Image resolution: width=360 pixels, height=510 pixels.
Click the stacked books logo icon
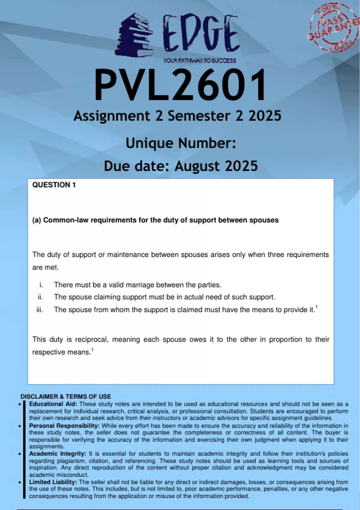[134, 35]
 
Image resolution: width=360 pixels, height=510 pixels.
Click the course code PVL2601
[180, 85]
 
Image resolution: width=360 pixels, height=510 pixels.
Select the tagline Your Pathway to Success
[199, 61]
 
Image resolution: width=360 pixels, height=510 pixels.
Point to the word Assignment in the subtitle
[112, 116]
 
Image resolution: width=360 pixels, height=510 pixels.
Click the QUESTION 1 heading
[54, 185]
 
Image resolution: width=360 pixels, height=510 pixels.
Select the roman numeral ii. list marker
[40, 297]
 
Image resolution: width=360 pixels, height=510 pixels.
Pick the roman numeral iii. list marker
[40, 310]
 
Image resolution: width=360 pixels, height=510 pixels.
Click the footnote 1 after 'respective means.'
[92, 350]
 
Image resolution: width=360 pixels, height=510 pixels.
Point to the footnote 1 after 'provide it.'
[316, 307]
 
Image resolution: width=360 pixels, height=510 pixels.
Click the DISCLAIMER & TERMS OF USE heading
[66, 397]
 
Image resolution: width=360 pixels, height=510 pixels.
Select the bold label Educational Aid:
[53, 404]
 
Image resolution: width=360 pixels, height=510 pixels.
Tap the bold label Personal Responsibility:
[64, 426]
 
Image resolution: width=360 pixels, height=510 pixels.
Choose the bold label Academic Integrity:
[58, 454]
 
